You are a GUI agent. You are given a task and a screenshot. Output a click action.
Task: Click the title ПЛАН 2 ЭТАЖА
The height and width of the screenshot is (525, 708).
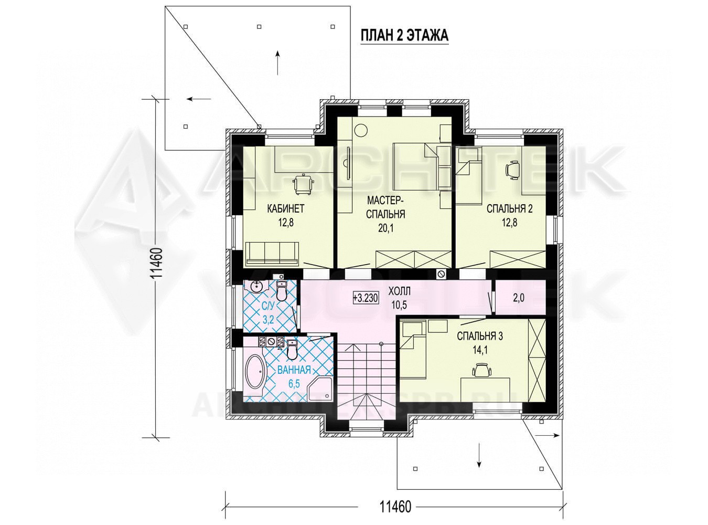[404, 36]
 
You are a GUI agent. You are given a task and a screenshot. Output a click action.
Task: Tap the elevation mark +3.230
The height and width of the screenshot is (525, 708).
[366, 298]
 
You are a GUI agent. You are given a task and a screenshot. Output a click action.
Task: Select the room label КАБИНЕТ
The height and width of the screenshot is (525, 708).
[285, 209]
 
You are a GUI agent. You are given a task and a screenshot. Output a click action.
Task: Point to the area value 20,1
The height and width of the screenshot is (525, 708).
[386, 228]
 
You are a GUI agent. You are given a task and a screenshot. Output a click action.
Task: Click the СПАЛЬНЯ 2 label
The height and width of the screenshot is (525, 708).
[509, 209]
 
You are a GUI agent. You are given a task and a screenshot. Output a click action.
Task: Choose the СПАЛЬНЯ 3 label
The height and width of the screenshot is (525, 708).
[480, 336]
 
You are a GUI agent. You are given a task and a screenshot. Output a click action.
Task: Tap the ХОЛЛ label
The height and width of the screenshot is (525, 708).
[399, 291]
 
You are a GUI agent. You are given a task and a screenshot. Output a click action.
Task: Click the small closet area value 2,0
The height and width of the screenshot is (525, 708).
[518, 298]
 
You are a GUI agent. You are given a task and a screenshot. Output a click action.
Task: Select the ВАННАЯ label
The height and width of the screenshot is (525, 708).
[294, 370]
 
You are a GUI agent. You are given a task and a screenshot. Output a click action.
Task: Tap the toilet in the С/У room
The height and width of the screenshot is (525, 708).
[281, 290]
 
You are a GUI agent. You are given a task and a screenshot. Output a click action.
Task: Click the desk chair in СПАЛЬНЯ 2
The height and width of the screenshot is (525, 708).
[513, 170]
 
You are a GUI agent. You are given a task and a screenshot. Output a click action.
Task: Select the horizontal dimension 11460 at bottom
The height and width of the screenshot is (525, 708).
[395, 507]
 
